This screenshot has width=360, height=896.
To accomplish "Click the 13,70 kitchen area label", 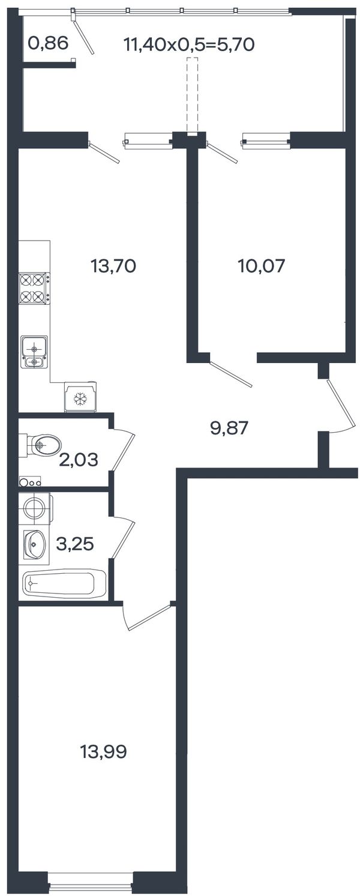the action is pyautogui.click(x=113, y=266).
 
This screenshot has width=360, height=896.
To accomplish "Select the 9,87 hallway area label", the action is pyautogui.click(x=229, y=429).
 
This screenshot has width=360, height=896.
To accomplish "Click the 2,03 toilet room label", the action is pyautogui.click(x=79, y=460).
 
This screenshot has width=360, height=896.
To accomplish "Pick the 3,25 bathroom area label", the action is pyautogui.click(x=75, y=544).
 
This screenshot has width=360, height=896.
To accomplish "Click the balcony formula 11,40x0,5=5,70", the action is pyautogui.click(x=189, y=44).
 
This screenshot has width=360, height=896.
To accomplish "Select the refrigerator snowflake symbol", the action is pyautogui.click(x=81, y=399).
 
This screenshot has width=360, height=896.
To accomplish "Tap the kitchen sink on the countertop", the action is pyautogui.click(x=34, y=352).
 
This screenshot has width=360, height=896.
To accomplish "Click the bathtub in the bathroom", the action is pyautogui.click(x=64, y=584).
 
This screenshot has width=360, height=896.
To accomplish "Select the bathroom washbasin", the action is pyautogui.click(x=34, y=544).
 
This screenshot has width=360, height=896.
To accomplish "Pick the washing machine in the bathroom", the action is pyautogui.click(x=36, y=508).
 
